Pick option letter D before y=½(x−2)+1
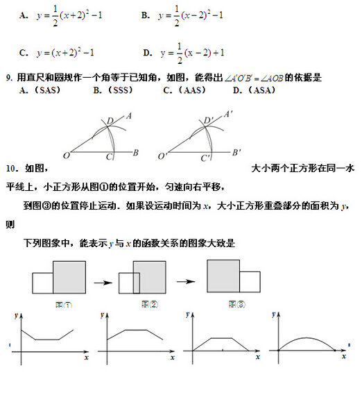(x=147, y=53)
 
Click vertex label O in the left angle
(x=67, y=155)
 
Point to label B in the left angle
(x=136, y=152)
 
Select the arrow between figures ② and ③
(x=185, y=282)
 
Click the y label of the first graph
(x=16, y=316)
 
